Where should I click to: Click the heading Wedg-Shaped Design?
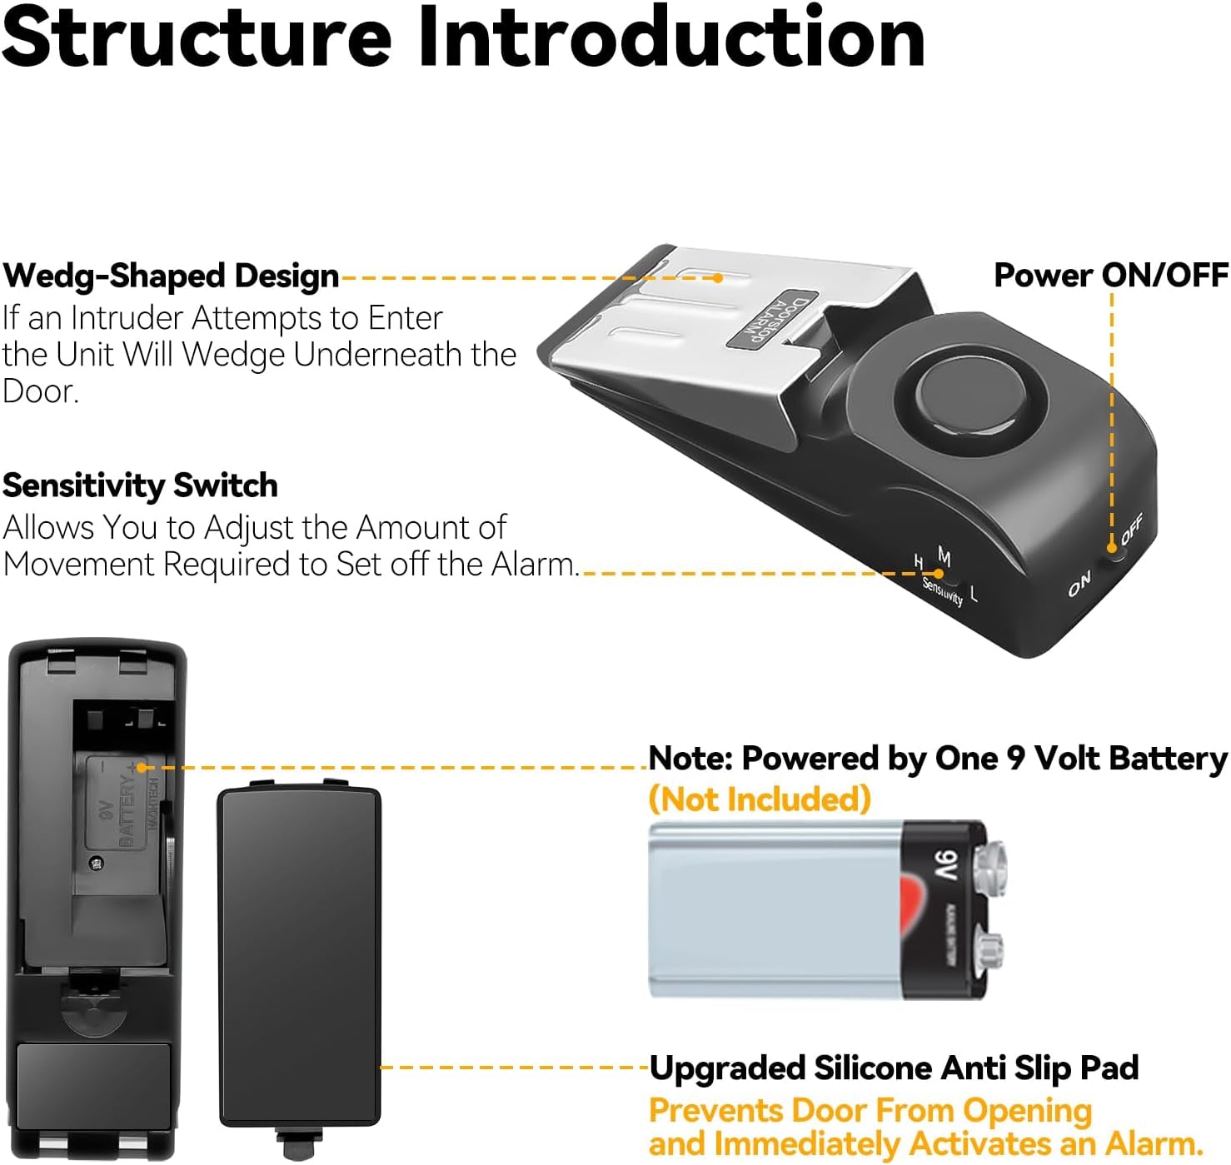(x=171, y=276)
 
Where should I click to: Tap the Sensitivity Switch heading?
(x=140, y=485)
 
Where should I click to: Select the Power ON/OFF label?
(x=1110, y=275)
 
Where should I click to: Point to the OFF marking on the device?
(x=1132, y=529)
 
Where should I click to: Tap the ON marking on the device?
(x=1079, y=585)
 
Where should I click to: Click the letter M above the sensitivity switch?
(x=944, y=555)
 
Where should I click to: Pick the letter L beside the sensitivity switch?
(x=974, y=594)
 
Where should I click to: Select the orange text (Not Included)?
(x=760, y=799)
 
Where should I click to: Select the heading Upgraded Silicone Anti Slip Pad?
(x=894, y=1068)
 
